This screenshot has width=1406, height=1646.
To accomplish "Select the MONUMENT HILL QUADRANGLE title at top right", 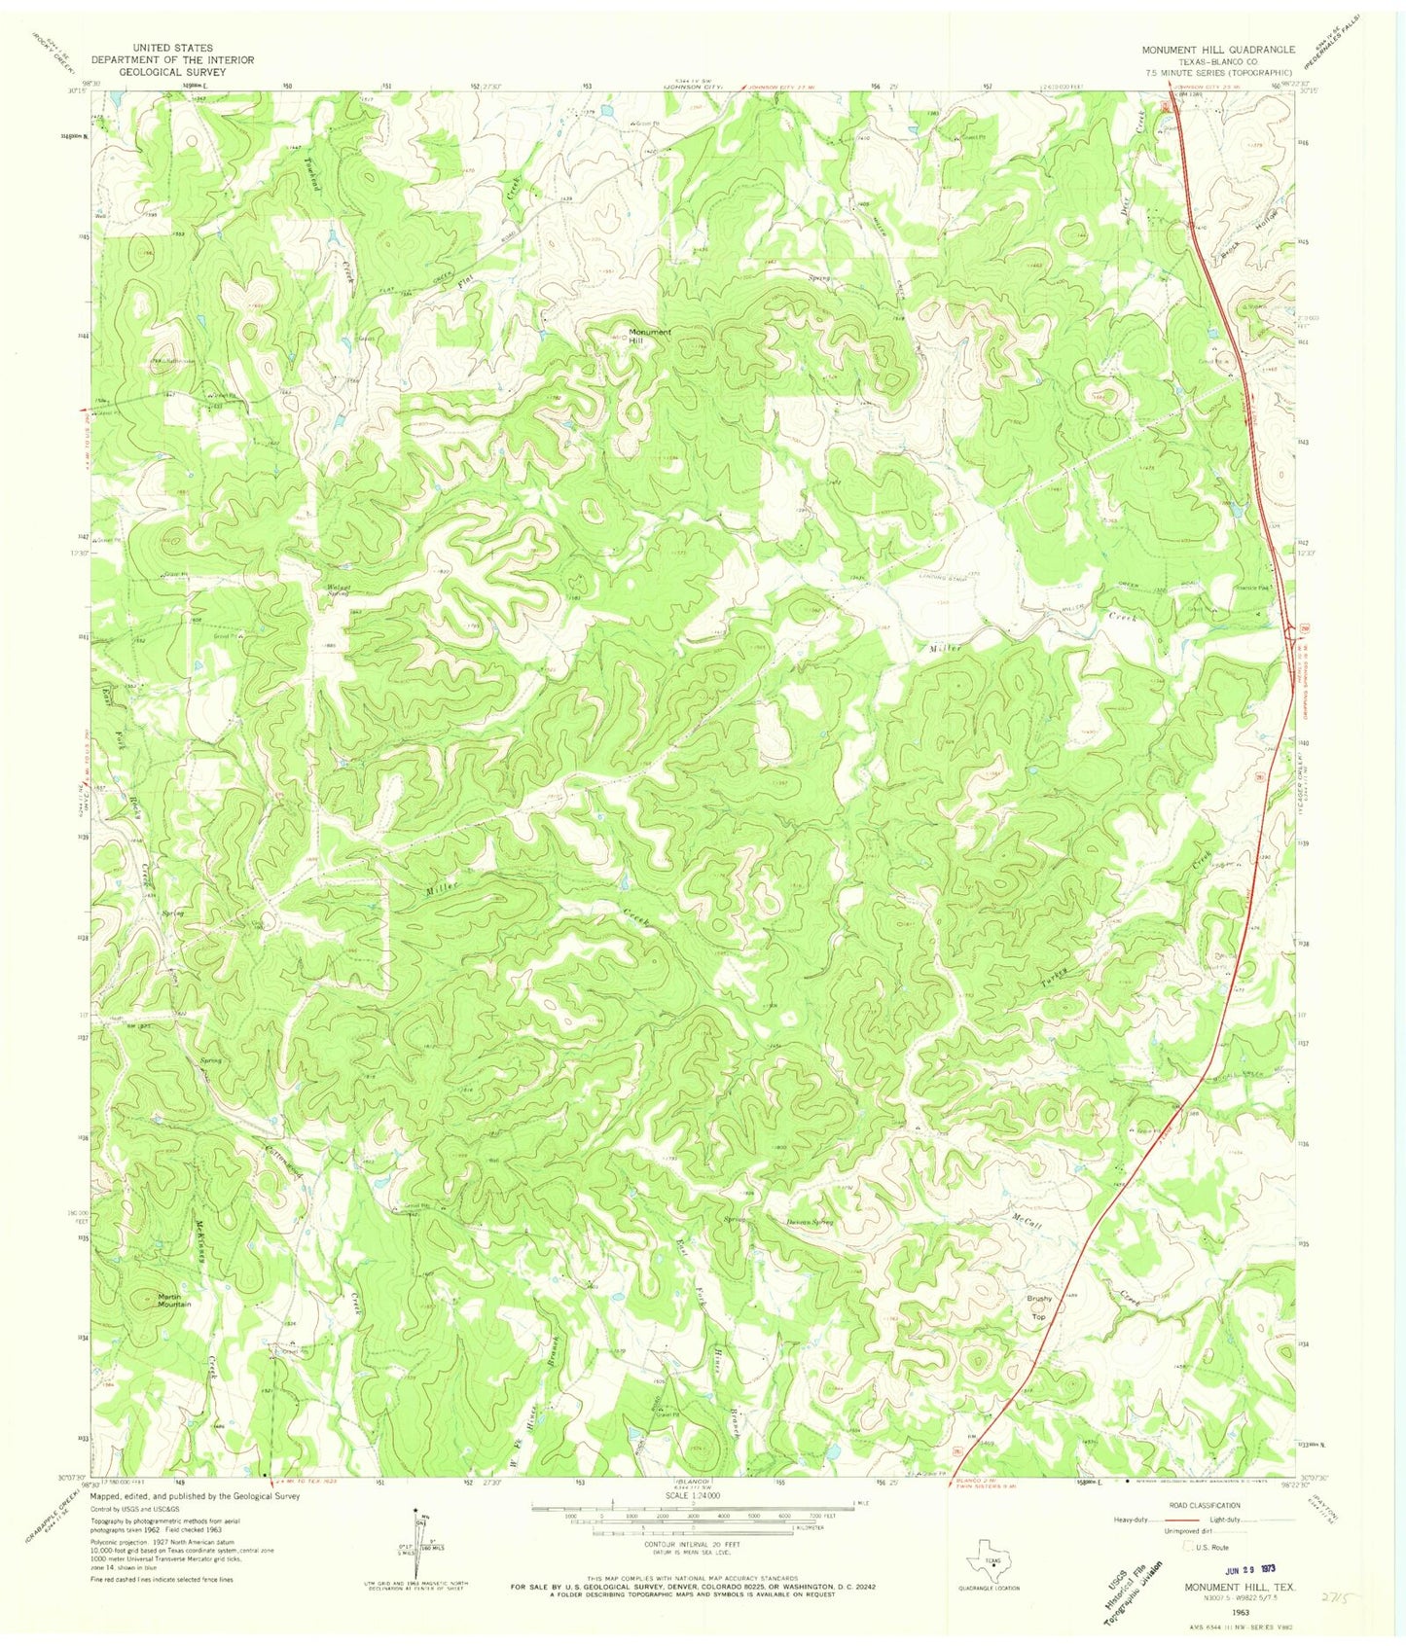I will tap(1218, 49).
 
